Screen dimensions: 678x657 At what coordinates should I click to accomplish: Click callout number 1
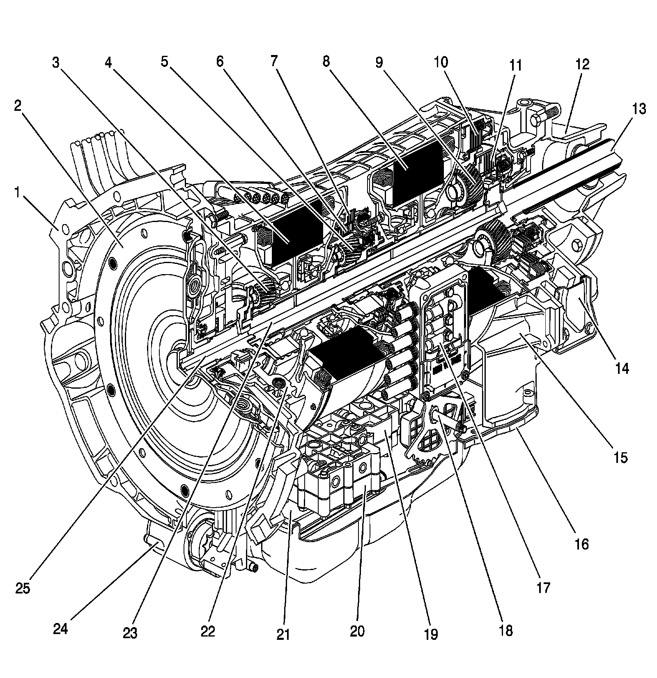coord(17,192)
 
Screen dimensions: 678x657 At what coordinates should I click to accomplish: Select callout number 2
coord(17,106)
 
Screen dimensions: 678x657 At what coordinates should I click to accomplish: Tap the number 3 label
coord(56,63)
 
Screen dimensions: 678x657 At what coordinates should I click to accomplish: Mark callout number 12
coord(582,64)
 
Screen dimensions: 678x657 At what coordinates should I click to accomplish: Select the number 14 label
coord(622,368)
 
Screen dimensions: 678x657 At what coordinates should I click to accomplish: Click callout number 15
coord(620,457)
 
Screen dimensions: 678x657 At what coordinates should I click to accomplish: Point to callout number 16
coord(582,544)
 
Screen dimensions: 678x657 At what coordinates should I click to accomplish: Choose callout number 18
coord(506,630)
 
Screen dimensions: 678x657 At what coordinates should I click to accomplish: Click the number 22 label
coord(208,630)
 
